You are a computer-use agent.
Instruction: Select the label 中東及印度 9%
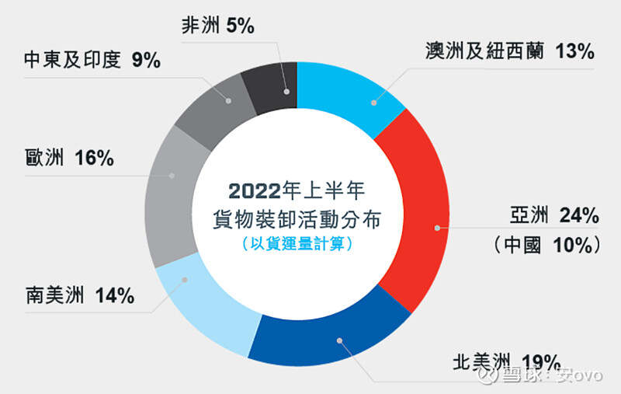pos(92,60)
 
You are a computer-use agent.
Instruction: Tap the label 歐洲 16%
pos(69,158)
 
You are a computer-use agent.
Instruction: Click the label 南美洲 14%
pos(80,296)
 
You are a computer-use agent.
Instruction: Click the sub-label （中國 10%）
pos(546,244)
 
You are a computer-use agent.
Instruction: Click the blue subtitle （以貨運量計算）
pos(297,243)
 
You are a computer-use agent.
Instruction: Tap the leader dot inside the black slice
pos(287,92)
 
